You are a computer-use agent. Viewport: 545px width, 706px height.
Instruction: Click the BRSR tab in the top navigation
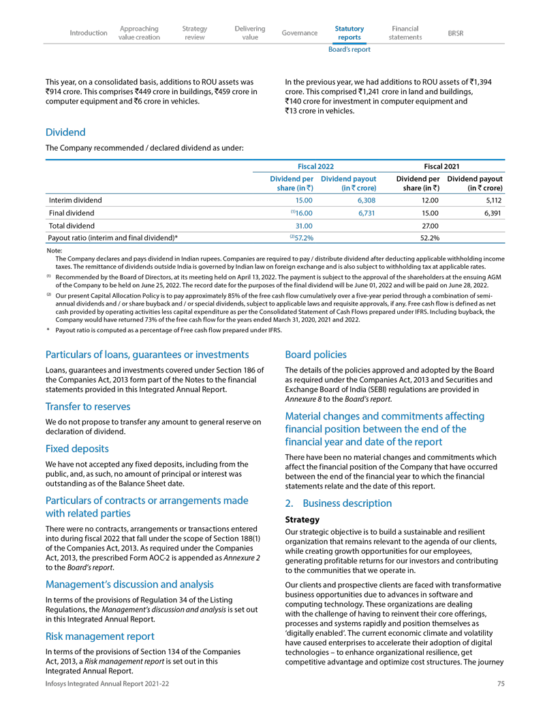click(x=456, y=33)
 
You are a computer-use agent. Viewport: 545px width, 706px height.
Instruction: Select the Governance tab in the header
click(x=299, y=33)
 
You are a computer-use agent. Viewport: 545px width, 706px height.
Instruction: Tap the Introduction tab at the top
click(x=89, y=33)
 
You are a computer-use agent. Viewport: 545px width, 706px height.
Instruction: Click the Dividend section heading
click(x=65, y=132)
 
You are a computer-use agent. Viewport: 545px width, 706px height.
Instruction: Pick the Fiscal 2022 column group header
click(x=315, y=166)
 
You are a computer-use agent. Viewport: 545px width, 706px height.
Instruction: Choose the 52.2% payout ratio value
click(x=429, y=237)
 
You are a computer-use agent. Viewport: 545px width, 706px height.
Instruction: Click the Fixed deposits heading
click(x=78, y=450)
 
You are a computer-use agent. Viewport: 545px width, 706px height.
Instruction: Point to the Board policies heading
click(x=315, y=355)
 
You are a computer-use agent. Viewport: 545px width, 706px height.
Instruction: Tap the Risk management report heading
click(x=99, y=636)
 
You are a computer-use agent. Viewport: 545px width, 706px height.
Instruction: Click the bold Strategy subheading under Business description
click(x=302, y=520)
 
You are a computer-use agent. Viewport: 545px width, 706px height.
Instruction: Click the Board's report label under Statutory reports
click(x=349, y=50)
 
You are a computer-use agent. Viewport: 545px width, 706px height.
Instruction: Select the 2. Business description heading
click(x=338, y=503)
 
